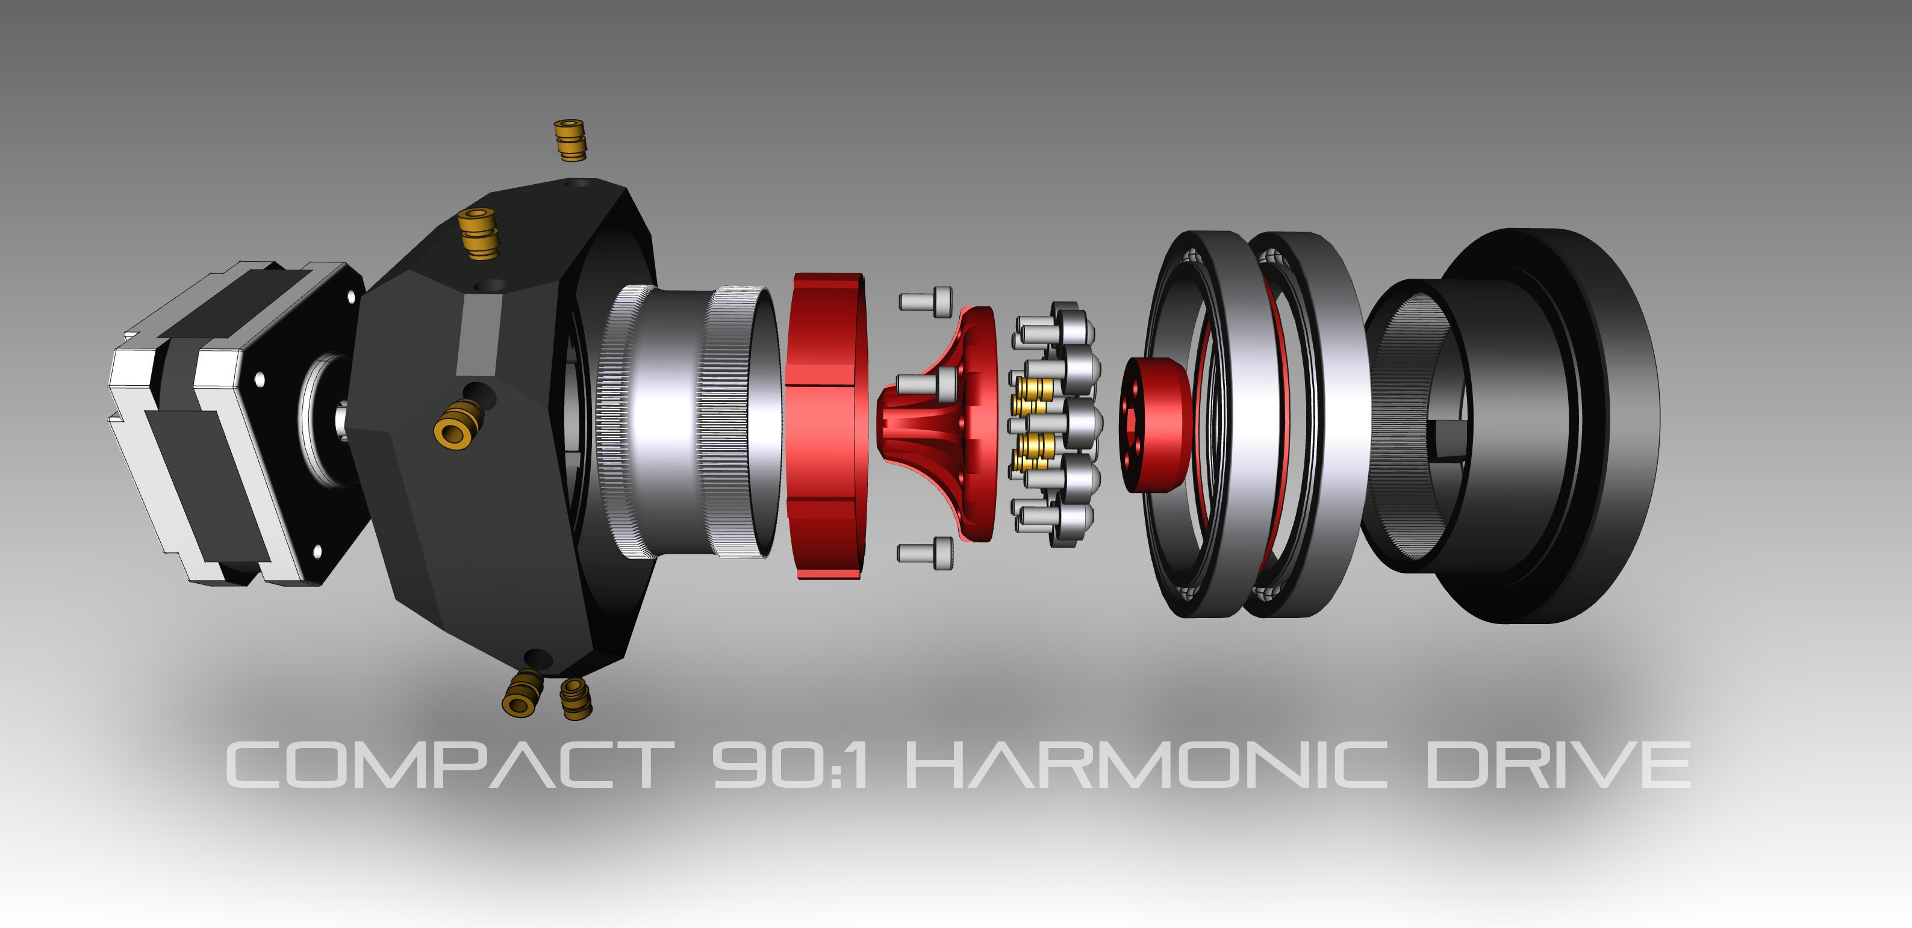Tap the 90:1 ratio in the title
pyautogui.click(x=789, y=765)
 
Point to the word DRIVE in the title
pyautogui.click(x=1559, y=765)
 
